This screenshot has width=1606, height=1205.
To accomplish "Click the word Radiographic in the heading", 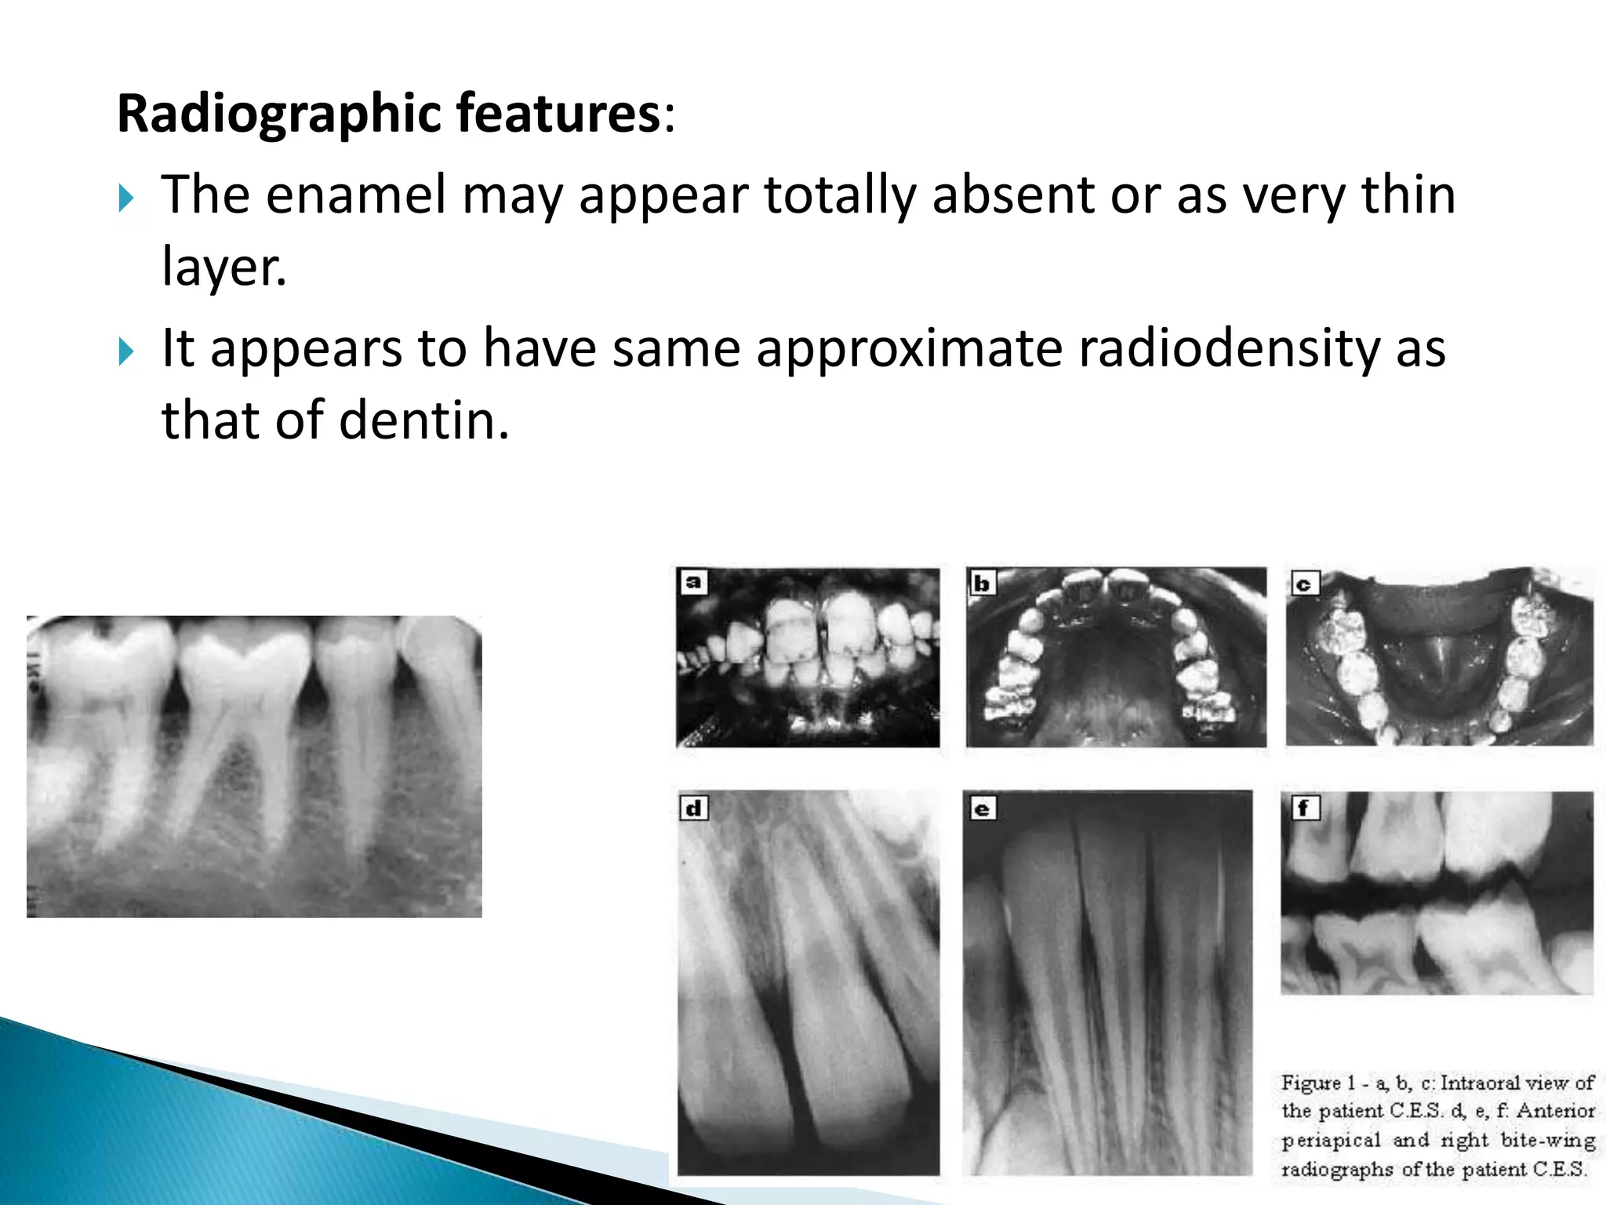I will [x=280, y=115].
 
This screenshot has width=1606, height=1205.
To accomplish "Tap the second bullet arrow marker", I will [x=126, y=351].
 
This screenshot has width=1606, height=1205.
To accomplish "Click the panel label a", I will [x=693, y=582].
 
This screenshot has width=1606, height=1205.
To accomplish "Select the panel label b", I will [x=981, y=583].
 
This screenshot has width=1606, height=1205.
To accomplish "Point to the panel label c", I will [x=1304, y=584].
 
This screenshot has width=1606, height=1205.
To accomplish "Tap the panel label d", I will [x=694, y=808].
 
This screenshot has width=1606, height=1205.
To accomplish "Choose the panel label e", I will [x=982, y=809].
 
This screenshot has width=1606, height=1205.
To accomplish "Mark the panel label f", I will [x=1305, y=807].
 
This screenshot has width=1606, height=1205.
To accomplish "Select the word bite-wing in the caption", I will [x=1548, y=1140].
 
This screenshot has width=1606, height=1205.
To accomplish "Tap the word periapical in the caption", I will [x=1331, y=1141].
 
